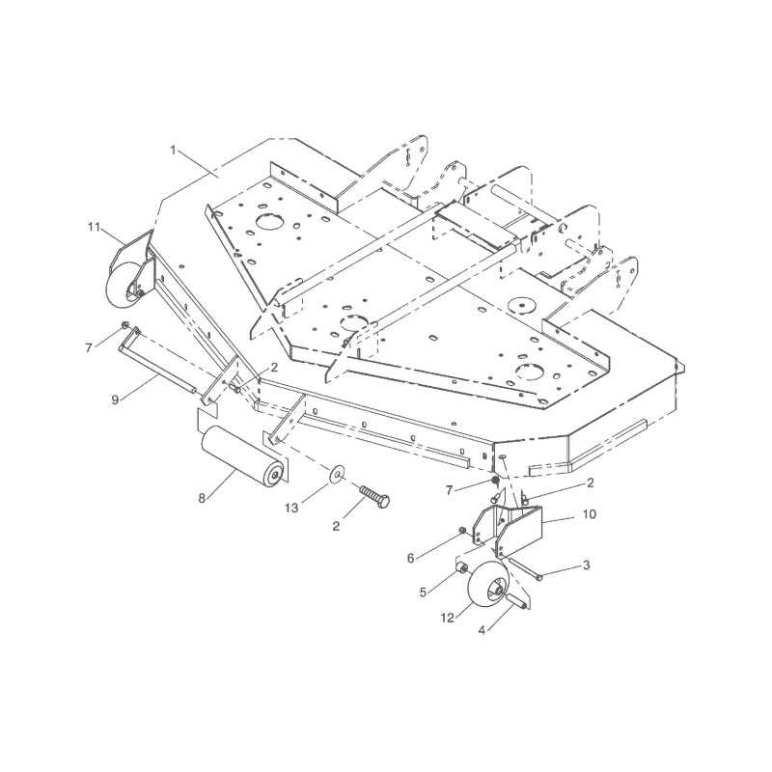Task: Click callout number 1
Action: tap(173, 150)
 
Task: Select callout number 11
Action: tap(94, 227)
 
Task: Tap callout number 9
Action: tap(115, 400)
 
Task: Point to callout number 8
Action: tap(202, 498)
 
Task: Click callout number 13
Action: tap(292, 508)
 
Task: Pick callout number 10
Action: tap(590, 514)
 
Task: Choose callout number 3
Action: tap(587, 565)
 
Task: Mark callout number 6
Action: tap(411, 558)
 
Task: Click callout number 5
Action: tap(423, 592)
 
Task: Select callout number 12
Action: tap(448, 618)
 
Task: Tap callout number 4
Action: tap(482, 630)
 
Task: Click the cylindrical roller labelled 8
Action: tap(242, 456)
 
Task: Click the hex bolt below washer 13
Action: tap(374, 496)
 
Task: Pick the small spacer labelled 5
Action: tap(462, 568)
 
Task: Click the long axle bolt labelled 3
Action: tap(524, 569)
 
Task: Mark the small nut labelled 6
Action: tap(462, 530)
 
